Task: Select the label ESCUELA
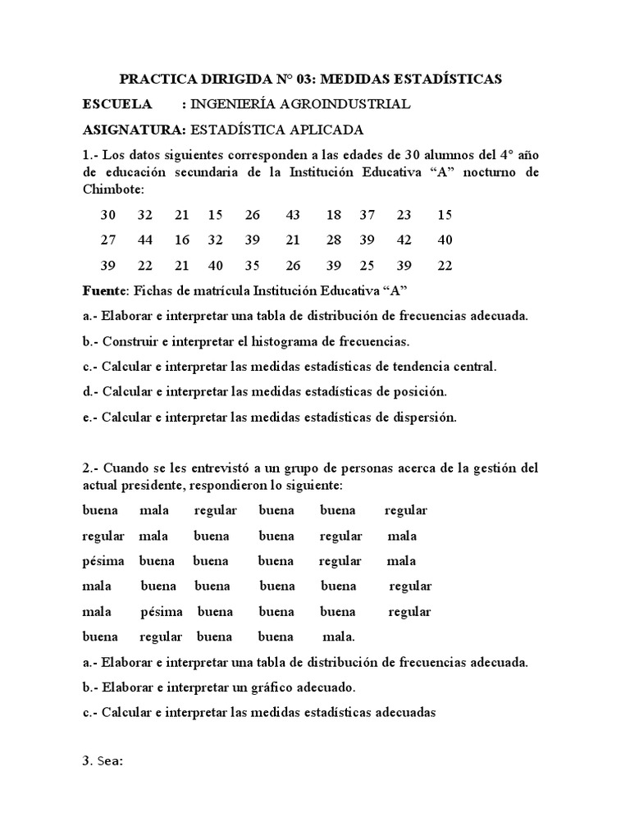click(x=117, y=104)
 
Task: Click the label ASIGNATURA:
click(x=135, y=130)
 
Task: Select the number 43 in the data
click(x=293, y=215)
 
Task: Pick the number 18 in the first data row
click(x=333, y=215)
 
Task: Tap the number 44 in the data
click(x=144, y=240)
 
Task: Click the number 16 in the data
click(x=181, y=240)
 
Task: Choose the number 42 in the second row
click(x=404, y=240)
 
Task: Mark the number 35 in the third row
click(x=252, y=266)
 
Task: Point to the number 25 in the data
click(x=367, y=266)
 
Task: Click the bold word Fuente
click(x=103, y=291)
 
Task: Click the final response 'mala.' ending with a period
click(x=339, y=637)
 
